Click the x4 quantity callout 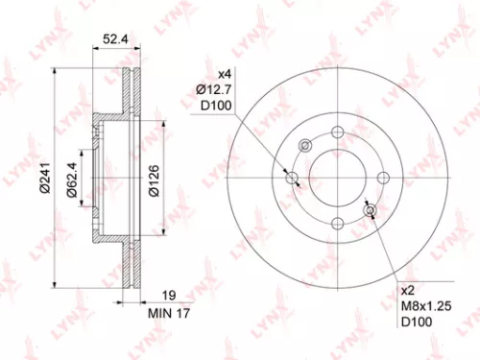tap(225, 75)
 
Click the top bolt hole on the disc tap(337, 132)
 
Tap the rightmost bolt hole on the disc tap(382, 177)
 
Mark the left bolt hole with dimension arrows tap(293, 178)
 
